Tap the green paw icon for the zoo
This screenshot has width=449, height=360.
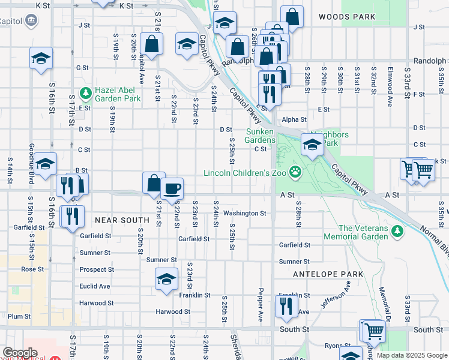pyautogui.click(x=295, y=173)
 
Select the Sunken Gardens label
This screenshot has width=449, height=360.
pyautogui.click(x=261, y=136)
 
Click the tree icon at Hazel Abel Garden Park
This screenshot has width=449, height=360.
pyautogui.click(x=85, y=94)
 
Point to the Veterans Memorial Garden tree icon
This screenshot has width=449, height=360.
pyautogui.click(x=396, y=231)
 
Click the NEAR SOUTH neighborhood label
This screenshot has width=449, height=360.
pyautogui.click(x=122, y=220)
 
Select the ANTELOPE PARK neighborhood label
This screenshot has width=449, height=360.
pyautogui.click(x=328, y=274)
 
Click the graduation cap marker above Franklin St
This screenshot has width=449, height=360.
pyautogui.click(x=166, y=279)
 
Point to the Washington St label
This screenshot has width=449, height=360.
pyautogui.click(x=244, y=213)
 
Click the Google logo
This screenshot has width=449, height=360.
pyautogui.click(x=20, y=353)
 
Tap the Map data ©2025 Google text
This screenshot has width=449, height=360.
pyautogui.click(x=411, y=355)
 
